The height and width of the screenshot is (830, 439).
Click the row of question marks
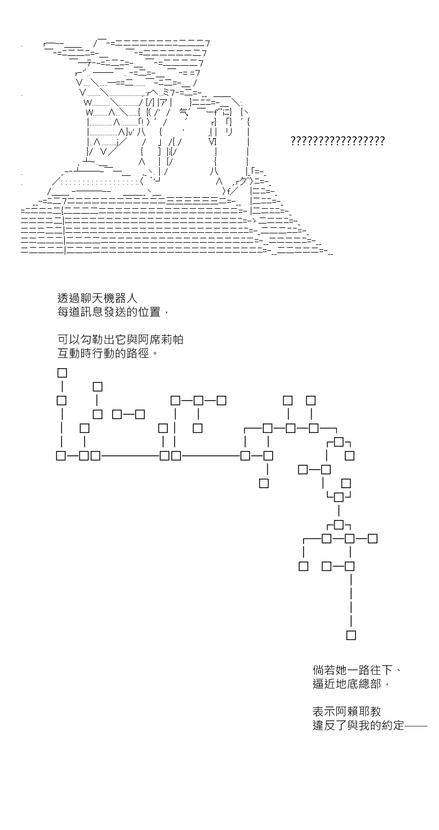[337, 141]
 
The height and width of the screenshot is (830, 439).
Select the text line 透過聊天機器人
[97, 298]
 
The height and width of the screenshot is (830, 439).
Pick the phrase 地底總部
[358, 684]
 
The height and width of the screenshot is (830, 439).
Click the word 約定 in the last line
[392, 725]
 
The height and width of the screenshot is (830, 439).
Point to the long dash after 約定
[415, 725]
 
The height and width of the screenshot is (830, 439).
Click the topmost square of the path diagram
[62, 373]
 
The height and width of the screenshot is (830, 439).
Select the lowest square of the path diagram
[351, 635]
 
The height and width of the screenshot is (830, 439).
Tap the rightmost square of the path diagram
[373, 539]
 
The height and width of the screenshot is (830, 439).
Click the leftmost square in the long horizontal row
[61, 455]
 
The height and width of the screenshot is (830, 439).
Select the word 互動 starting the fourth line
[69, 353]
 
